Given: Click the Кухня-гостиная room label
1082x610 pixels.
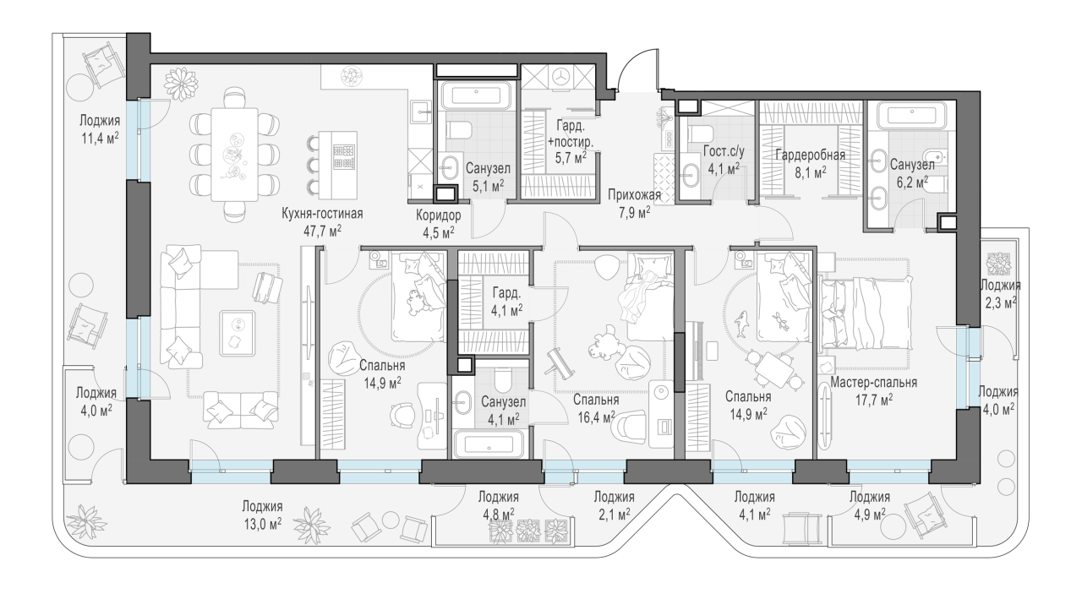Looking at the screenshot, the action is (322, 213).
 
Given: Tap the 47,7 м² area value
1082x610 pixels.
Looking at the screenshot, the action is (322, 231).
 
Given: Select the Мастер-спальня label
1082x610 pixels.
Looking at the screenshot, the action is (873, 383).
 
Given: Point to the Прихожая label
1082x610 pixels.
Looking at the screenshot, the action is (634, 195).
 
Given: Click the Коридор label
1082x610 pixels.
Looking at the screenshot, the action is (439, 215).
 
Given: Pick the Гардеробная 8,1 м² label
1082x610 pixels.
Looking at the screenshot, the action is (810, 164).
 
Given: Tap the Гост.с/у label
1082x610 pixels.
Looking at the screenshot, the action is (724, 151).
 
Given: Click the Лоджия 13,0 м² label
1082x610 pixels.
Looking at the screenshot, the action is (262, 515).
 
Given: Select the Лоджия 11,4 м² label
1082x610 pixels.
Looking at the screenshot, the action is (100, 129).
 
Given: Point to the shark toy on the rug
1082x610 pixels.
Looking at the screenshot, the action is (741, 324).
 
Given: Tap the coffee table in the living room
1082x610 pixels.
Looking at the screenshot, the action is (238, 334).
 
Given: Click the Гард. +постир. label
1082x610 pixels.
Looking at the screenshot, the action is (571, 133).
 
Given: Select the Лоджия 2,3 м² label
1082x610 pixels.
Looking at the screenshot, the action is (1000, 293).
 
